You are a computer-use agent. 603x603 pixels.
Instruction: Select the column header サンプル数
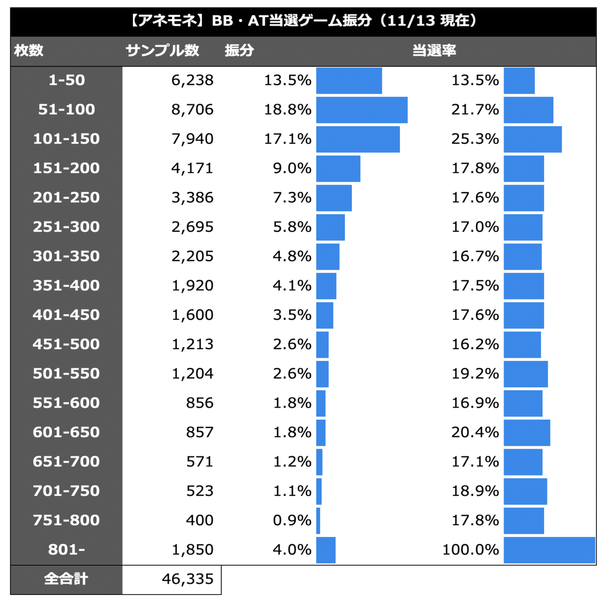tap(162, 50)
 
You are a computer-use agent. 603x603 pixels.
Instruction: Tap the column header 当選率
tap(434, 50)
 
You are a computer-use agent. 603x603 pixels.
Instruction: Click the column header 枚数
tap(29, 50)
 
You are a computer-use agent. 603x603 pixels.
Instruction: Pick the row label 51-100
tap(66, 109)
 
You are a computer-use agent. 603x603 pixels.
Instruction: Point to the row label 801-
tap(66, 549)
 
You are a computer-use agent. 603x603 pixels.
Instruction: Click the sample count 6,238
tap(192, 80)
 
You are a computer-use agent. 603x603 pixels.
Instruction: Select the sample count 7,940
tap(192, 139)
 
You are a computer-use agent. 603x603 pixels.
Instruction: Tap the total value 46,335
tap(187, 579)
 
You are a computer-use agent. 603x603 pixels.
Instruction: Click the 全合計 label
tap(66, 579)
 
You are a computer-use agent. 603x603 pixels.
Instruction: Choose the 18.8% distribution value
tap(287, 109)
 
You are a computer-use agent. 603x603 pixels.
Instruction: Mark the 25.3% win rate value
tap(475, 139)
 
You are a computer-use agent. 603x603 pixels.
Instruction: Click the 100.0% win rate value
tap(470, 549)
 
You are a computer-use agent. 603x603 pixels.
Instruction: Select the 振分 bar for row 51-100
tap(361, 110)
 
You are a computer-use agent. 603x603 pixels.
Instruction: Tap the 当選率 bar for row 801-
tap(549, 550)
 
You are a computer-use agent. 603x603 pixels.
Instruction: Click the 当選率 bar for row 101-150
tap(532, 139)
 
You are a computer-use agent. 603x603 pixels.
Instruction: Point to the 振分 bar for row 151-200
tap(338, 168)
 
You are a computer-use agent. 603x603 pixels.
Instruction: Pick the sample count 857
tap(199, 432)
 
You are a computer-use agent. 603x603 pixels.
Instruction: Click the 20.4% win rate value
tap(475, 432)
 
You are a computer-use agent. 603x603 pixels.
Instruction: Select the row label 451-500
tap(66, 344)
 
